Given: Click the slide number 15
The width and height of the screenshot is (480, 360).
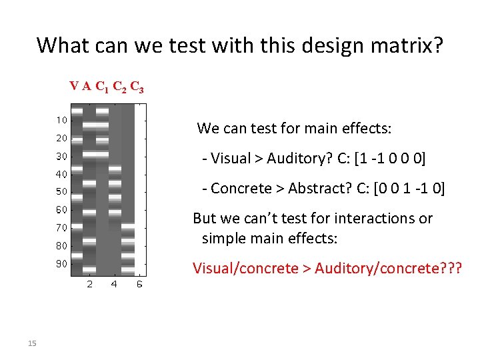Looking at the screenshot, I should (x=31, y=343).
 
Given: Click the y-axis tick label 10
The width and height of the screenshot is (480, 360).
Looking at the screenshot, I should (x=61, y=121).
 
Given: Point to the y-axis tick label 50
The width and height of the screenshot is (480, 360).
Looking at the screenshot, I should (x=61, y=192).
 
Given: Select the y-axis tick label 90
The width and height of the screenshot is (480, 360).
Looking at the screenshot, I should (x=61, y=263).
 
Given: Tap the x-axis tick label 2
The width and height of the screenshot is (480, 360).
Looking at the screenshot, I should (x=90, y=285).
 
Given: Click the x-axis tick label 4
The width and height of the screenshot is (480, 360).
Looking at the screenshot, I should (x=114, y=285).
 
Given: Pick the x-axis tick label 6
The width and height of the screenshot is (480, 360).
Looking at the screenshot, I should (x=139, y=285).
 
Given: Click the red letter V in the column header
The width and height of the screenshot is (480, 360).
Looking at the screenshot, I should (x=73, y=86).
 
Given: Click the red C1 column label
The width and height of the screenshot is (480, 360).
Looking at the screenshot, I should (x=103, y=87).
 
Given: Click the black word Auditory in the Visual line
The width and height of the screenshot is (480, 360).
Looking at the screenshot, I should (x=287, y=158).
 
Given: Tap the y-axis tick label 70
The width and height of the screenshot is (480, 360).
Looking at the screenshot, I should (x=61, y=228).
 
